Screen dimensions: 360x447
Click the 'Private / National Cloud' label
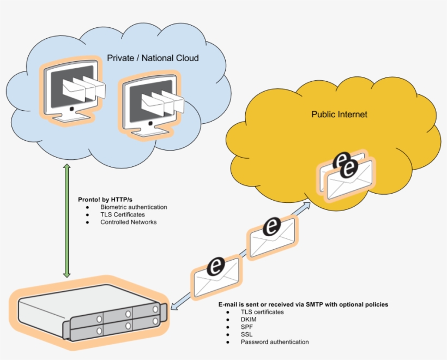click(x=153, y=58)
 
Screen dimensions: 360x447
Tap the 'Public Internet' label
click(x=339, y=115)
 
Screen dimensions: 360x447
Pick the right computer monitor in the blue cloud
click(x=150, y=104)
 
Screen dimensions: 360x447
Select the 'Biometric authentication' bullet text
click(x=134, y=207)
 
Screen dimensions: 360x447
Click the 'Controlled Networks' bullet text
click(x=128, y=222)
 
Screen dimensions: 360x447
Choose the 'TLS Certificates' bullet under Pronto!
click(x=122, y=215)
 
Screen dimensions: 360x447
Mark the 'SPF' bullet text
click(x=246, y=327)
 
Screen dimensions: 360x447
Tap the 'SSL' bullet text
click(x=246, y=334)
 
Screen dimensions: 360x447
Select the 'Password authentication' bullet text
click(x=274, y=342)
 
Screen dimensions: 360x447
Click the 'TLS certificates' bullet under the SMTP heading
click(x=262, y=312)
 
